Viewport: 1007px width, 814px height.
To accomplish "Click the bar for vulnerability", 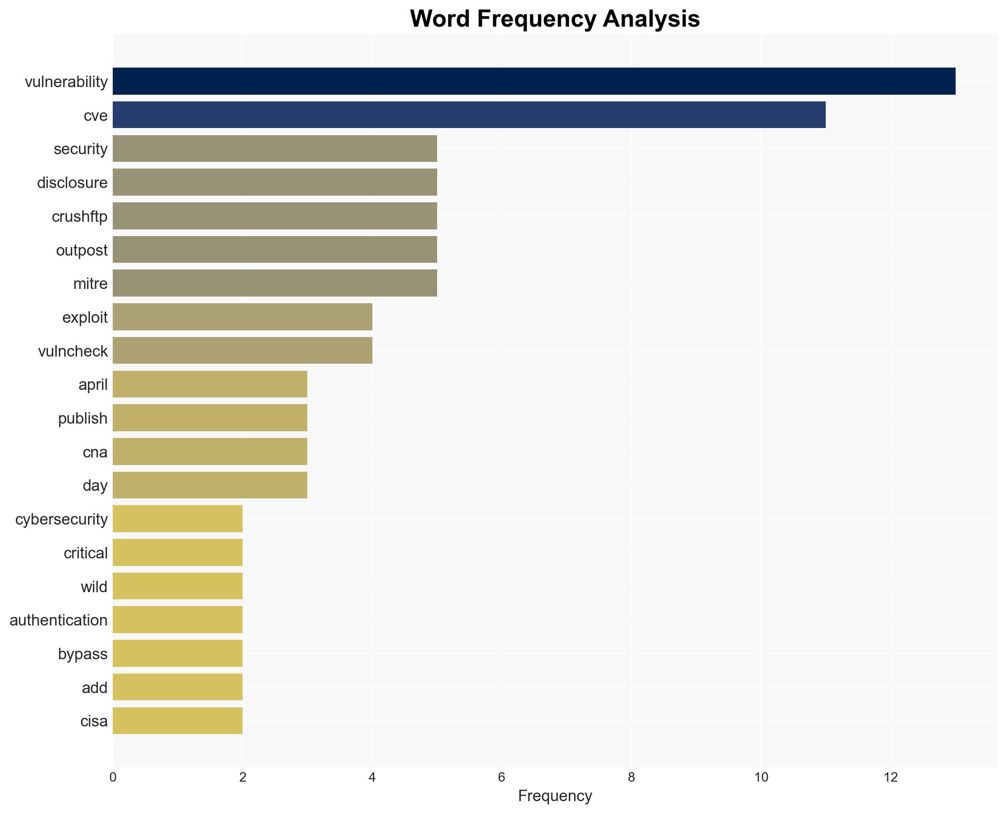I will pyautogui.click(x=534, y=81).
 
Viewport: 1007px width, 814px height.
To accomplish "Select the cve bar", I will pyautogui.click(x=469, y=115).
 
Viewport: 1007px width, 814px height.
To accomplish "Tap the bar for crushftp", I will pyautogui.click(x=274, y=216).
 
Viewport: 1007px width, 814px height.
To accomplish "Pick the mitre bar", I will pyautogui.click(x=274, y=283).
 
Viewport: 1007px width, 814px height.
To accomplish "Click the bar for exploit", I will pyautogui.click(x=242, y=317).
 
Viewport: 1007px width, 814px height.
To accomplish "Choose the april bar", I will pyautogui.click(x=210, y=384).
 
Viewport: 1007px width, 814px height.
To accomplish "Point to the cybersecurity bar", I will pyautogui.click(x=177, y=519).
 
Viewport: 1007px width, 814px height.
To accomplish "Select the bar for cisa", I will pyautogui.click(x=177, y=721).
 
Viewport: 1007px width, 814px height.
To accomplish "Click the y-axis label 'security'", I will pyautogui.click(x=80, y=149).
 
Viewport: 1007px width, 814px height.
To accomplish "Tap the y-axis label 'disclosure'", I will pyautogui.click(x=72, y=183).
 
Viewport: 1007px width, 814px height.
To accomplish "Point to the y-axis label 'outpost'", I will pyautogui.click(x=82, y=250).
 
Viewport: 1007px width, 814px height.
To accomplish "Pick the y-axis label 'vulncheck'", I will pyautogui.click(x=73, y=351).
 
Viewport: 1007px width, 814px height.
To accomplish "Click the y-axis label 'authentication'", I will pyautogui.click(x=59, y=620).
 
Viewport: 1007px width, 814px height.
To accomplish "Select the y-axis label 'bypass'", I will pyautogui.click(x=83, y=654).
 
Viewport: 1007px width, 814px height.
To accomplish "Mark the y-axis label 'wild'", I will pyautogui.click(x=94, y=587).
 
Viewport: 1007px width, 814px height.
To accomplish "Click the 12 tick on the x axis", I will pyautogui.click(x=890, y=777).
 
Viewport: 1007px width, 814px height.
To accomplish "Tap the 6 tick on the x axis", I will pyautogui.click(x=501, y=777).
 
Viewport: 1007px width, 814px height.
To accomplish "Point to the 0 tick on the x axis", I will pyautogui.click(x=113, y=777).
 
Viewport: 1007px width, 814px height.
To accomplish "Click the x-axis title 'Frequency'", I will pyautogui.click(x=555, y=796).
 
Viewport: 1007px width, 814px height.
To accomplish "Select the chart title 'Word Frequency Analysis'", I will pyautogui.click(x=555, y=19).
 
